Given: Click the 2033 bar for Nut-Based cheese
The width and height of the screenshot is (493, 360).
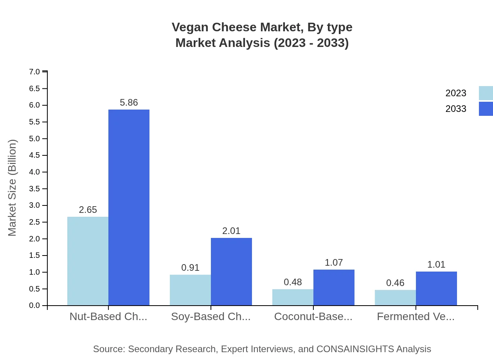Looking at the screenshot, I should [x=129, y=207].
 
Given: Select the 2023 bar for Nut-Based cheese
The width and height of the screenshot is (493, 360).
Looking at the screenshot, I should [x=88, y=261].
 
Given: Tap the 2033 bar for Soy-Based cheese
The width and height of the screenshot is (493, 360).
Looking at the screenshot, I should [x=231, y=272].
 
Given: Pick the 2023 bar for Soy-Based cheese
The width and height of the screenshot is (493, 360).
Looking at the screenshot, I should [x=190, y=290].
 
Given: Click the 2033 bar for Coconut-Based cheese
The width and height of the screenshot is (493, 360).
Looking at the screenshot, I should [x=334, y=287].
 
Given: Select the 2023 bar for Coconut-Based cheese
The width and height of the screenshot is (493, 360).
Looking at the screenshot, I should [x=293, y=297].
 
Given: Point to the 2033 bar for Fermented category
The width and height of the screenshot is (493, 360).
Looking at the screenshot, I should [x=436, y=288].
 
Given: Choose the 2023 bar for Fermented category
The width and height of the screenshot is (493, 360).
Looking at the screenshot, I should [x=395, y=297].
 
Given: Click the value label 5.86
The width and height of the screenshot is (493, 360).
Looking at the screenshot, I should [x=129, y=103].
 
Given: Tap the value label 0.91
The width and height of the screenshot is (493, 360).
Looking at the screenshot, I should [x=190, y=268].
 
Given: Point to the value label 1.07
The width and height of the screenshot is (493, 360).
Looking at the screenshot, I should [x=334, y=263].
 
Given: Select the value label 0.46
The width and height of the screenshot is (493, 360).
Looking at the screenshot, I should [x=395, y=283].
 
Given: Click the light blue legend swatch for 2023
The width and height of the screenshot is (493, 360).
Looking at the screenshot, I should [x=486, y=93].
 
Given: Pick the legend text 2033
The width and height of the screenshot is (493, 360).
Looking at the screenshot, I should [x=456, y=109].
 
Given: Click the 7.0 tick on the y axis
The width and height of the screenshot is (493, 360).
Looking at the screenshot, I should [x=34, y=72].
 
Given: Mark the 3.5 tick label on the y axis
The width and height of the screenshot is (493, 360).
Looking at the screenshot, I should [x=34, y=189].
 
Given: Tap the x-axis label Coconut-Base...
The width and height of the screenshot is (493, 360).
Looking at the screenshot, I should [x=313, y=317].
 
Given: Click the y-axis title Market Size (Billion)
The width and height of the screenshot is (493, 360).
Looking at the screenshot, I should [x=13, y=188].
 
